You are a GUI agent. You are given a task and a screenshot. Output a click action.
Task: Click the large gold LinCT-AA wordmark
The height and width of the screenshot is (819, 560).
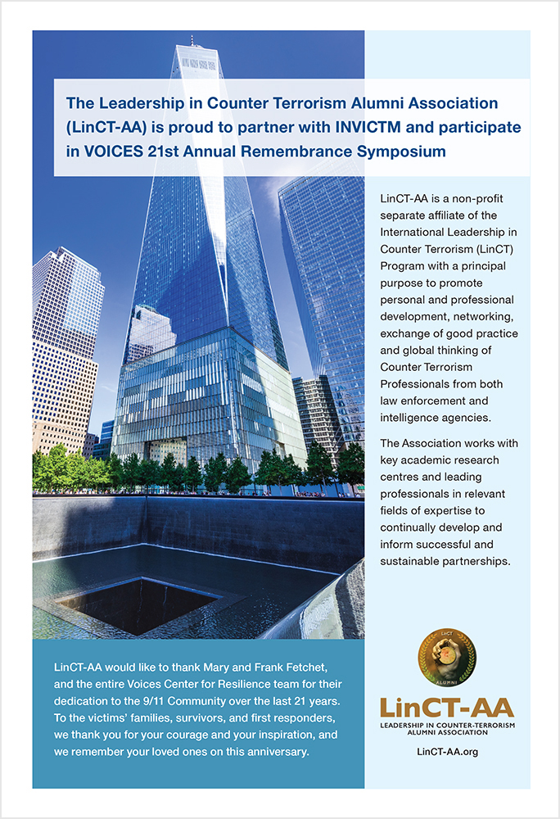click(x=447, y=708)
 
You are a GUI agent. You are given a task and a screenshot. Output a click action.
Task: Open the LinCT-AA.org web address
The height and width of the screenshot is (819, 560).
click(x=447, y=751)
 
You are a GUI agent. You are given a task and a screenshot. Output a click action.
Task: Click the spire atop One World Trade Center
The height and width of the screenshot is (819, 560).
click(x=192, y=41)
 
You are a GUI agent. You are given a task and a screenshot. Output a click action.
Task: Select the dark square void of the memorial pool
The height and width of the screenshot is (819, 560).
click(x=139, y=604)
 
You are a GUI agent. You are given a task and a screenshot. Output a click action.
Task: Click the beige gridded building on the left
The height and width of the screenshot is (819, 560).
click(x=64, y=344)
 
